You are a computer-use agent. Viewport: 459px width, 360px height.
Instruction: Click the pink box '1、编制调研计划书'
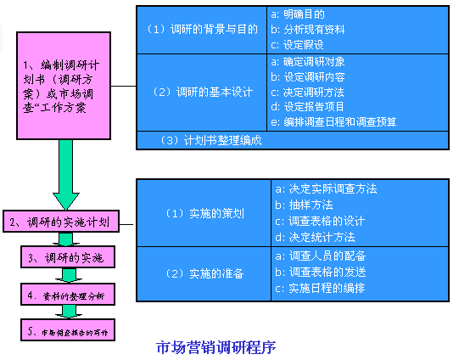(x=67, y=86)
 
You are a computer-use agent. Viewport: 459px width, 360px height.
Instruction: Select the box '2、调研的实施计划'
(x=67, y=223)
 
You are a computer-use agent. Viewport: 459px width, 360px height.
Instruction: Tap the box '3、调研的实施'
(x=67, y=256)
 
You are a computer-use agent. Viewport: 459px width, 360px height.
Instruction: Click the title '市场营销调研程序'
(x=216, y=346)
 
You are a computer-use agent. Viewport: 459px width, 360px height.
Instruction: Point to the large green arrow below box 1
(x=66, y=174)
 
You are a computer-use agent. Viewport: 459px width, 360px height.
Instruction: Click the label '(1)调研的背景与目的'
(x=201, y=29)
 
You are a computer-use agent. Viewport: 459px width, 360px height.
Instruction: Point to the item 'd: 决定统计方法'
(x=315, y=237)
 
